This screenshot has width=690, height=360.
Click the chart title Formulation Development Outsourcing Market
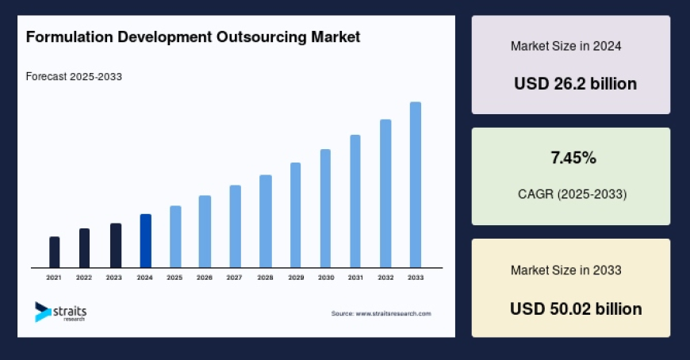(193, 37)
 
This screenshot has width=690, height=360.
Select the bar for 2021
(54, 252)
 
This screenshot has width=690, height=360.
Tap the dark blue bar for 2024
(145, 241)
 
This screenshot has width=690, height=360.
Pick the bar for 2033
(415, 185)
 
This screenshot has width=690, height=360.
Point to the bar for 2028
(266, 221)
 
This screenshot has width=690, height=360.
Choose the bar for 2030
(325, 209)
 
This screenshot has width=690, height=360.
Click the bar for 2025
(175, 236)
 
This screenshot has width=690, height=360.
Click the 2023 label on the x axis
(114, 278)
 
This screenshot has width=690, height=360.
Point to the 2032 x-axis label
(385, 278)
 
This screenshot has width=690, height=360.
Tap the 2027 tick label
(235, 278)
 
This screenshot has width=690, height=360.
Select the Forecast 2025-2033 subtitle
(74, 77)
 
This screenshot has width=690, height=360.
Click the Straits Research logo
(60, 312)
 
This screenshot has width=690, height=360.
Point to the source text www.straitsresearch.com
(381, 314)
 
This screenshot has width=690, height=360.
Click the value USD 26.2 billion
(575, 83)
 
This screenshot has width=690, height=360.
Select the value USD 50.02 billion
(575, 308)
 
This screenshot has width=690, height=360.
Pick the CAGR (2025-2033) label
(572, 194)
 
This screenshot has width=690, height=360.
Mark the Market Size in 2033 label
(565, 270)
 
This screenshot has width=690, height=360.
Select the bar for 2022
(84, 248)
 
